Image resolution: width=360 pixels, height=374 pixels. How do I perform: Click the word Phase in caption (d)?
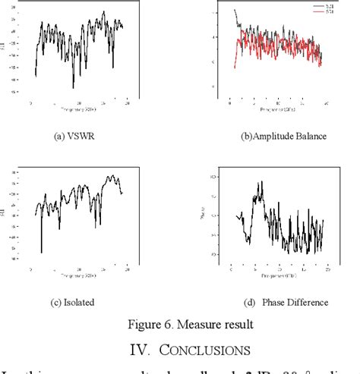pyautogui.click(x=274, y=302)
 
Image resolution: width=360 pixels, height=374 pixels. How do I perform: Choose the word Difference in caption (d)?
pyautogui.click(x=309, y=302)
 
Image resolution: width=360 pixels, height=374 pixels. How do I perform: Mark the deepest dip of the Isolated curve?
pyautogui.click(x=41, y=253)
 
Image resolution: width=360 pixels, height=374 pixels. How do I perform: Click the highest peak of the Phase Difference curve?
pyautogui.click(x=260, y=182)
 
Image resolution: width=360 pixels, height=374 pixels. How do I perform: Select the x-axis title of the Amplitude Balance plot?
pyautogui.click(x=276, y=109)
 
